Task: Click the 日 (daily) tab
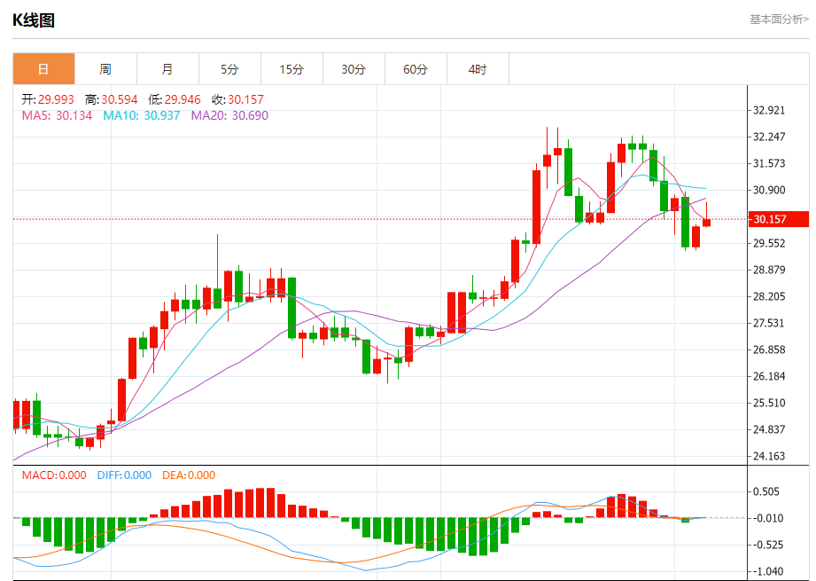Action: click(x=43, y=69)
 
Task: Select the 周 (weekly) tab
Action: click(x=105, y=69)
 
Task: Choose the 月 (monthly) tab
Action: click(x=167, y=69)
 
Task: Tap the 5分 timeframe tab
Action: click(x=229, y=69)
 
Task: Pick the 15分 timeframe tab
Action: click(x=291, y=69)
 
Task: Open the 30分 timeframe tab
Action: click(x=354, y=69)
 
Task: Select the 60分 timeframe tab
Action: click(x=416, y=69)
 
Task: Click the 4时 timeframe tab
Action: click(x=478, y=69)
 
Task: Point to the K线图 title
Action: click(x=34, y=20)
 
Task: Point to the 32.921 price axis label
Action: click(x=769, y=111)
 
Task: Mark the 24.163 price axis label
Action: click(x=769, y=456)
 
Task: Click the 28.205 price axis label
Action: click(x=769, y=296)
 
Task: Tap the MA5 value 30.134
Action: click(x=74, y=115)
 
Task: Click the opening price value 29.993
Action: click(x=57, y=100)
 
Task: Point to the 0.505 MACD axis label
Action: click(x=765, y=491)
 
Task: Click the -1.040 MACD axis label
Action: click(x=765, y=571)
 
